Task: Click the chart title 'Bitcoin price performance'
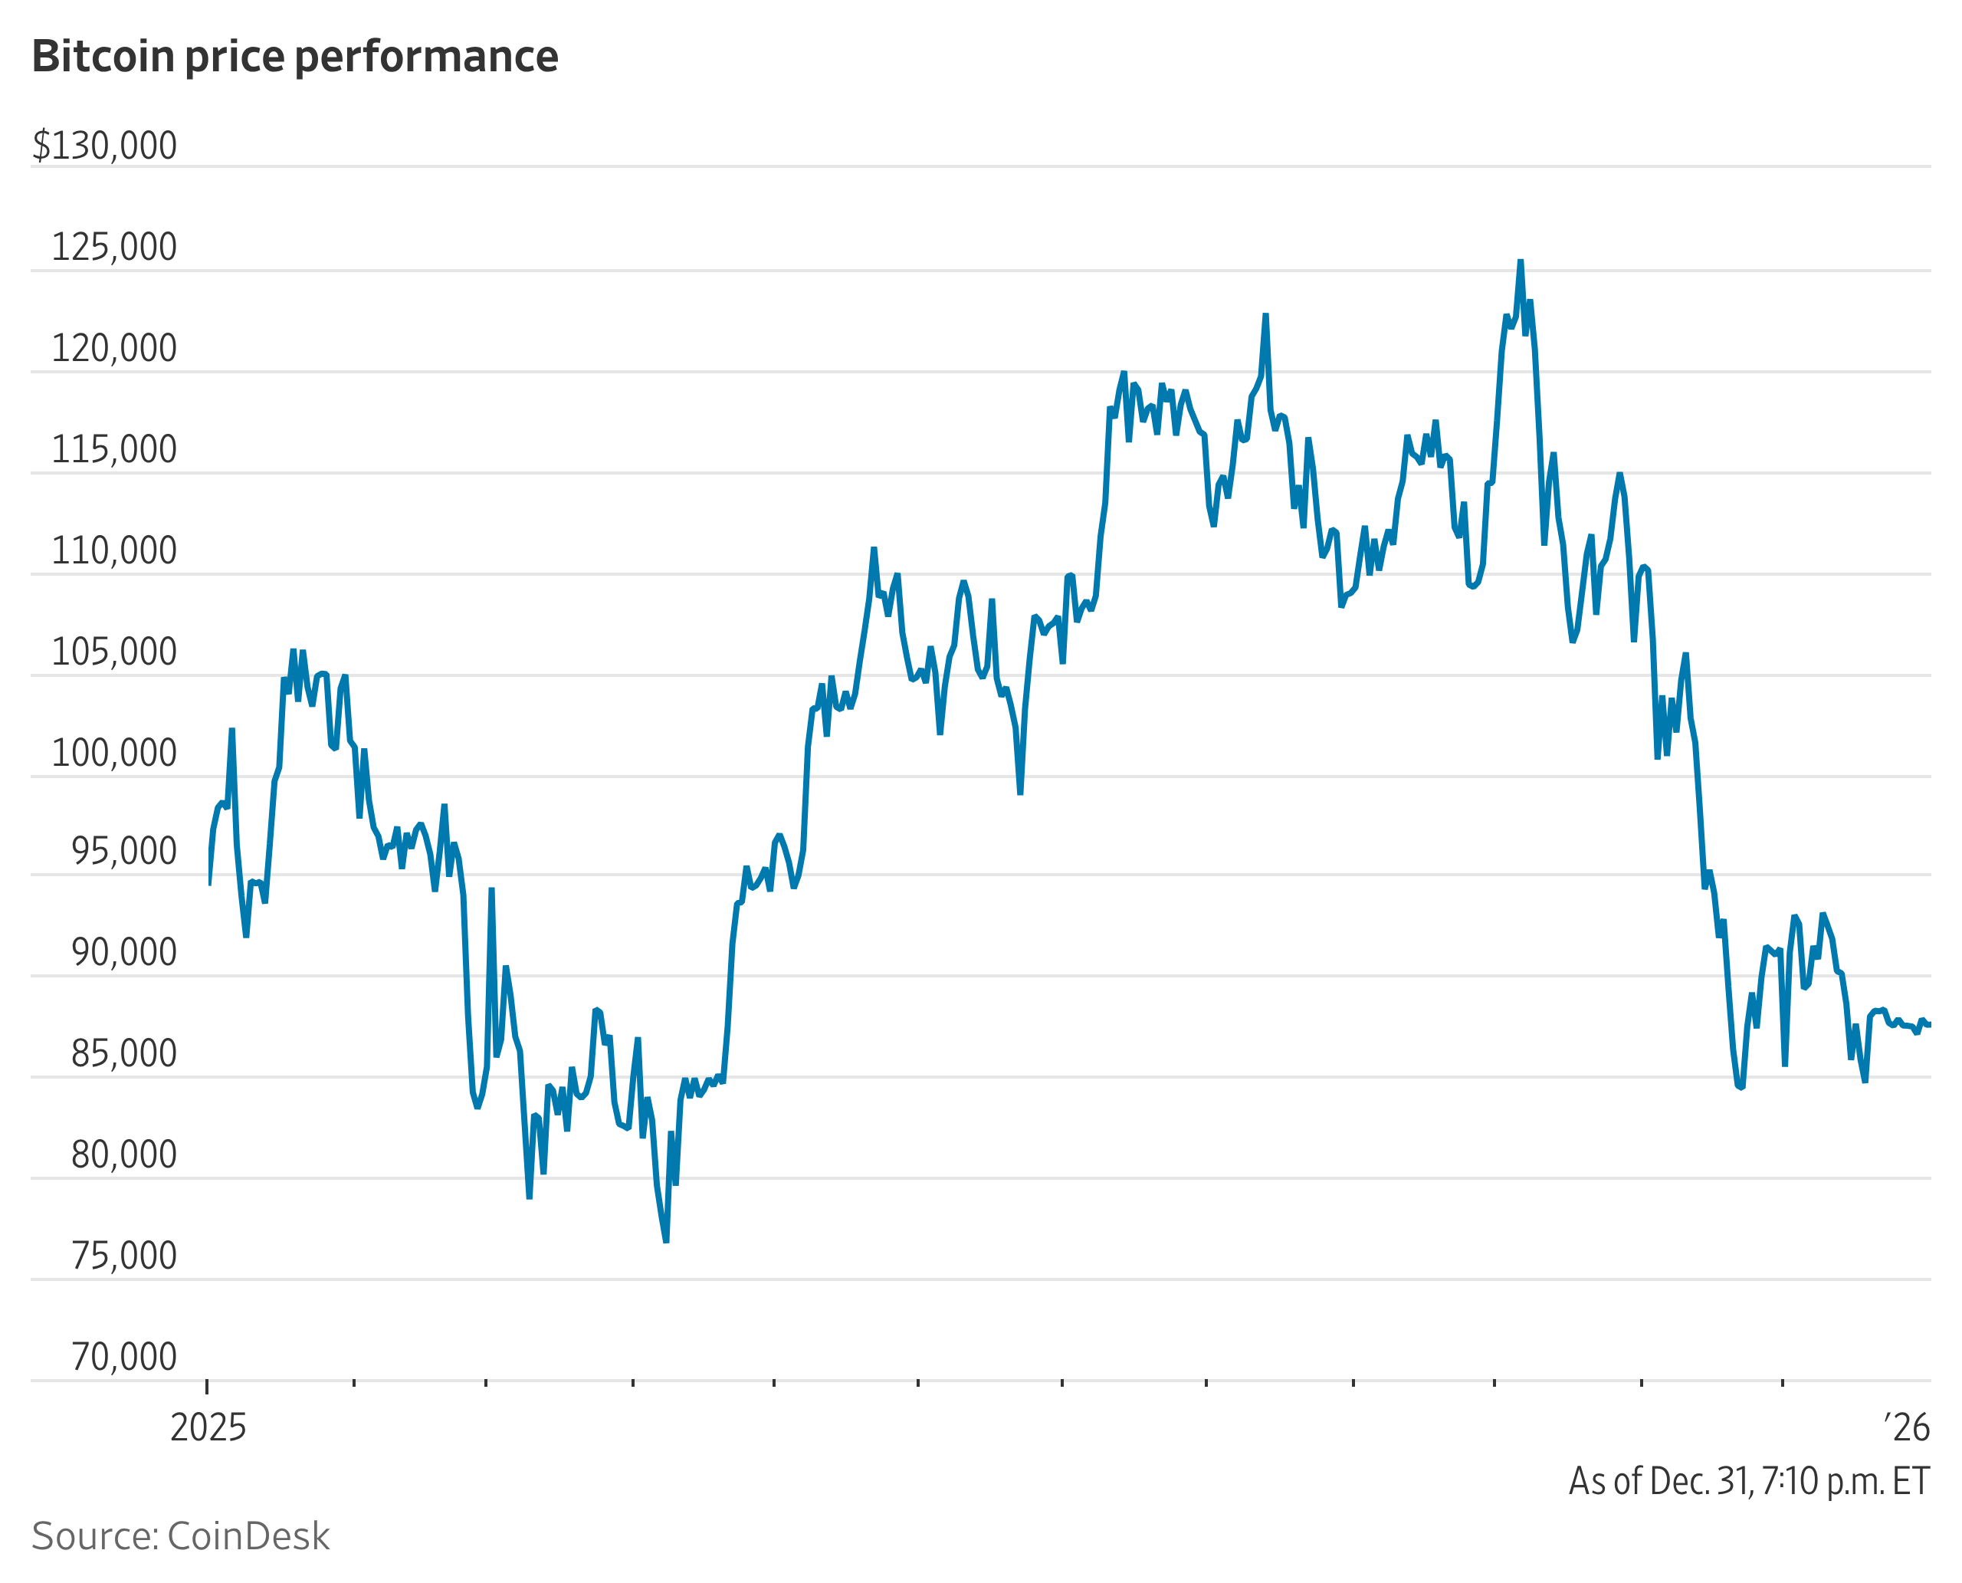pyautogui.click(x=294, y=57)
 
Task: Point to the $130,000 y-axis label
pyautogui.click(x=105, y=146)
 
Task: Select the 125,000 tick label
pyautogui.click(x=114, y=247)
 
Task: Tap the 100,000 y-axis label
pyautogui.click(x=114, y=754)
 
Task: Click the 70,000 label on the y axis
pyautogui.click(x=124, y=1357)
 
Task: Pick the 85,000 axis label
pyautogui.click(x=124, y=1053)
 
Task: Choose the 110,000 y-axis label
pyautogui.click(x=114, y=550)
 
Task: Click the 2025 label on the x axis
pyautogui.click(x=208, y=1428)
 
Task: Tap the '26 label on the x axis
pyautogui.click(x=1908, y=1428)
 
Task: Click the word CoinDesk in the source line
pyautogui.click(x=248, y=1536)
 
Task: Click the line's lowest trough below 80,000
pyautogui.click(x=667, y=1241)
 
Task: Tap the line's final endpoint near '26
pyautogui.click(x=1929, y=1025)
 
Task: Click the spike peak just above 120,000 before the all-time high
pyautogui.click(x=1265, y=316)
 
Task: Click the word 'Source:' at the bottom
pyautogui.click(x=95, y=1536)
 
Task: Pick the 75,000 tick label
pyautogui.click(x=124, y=1256)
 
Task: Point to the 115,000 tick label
pyautogui.click(x=114, y=449)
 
